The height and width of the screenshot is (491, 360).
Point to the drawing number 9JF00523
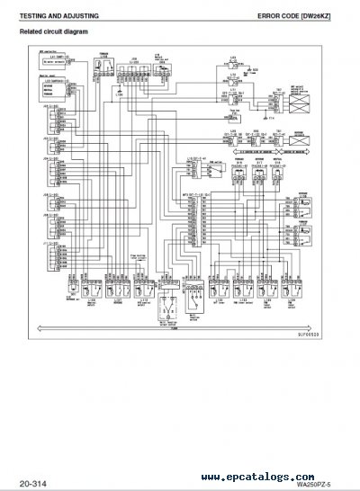tap(305, 334)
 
